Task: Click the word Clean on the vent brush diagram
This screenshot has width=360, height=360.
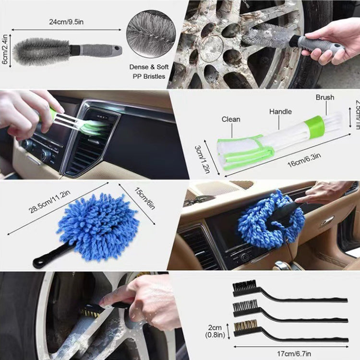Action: point(231,120)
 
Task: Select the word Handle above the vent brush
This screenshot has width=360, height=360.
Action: point(280,111)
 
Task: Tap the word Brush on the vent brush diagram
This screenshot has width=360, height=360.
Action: point(324,97)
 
